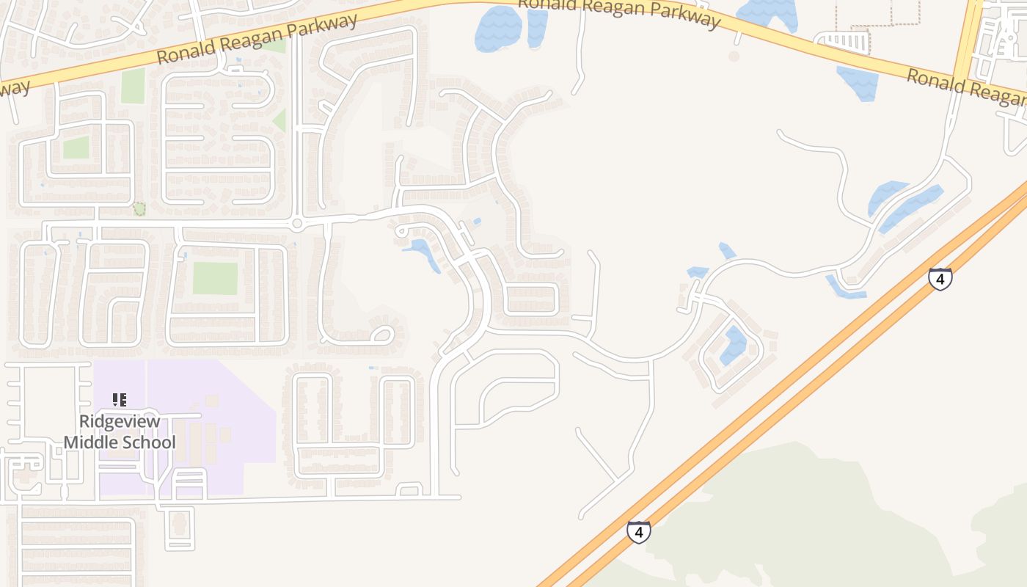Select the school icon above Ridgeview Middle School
(120, 400)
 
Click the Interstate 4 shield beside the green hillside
(638, 531)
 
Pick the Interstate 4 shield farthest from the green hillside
(940, 279)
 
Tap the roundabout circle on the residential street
(296, 223)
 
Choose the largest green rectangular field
(215, 279)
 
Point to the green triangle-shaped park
(279, 120)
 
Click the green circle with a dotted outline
(139, 209)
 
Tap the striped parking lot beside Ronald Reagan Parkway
(843, 41)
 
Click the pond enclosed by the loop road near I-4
(733, 346)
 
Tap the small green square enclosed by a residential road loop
(76, 147)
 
